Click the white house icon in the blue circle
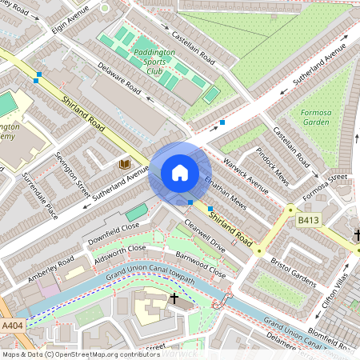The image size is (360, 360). point(179,173)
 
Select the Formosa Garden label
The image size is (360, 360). point(316,118)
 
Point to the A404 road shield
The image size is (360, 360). point(12,326)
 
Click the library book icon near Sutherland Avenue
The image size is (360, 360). point(124,163)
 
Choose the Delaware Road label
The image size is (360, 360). point(119,79)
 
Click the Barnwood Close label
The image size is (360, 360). point(202,266)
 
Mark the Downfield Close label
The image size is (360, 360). point(113,234)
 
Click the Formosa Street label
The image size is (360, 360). point(326,184)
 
